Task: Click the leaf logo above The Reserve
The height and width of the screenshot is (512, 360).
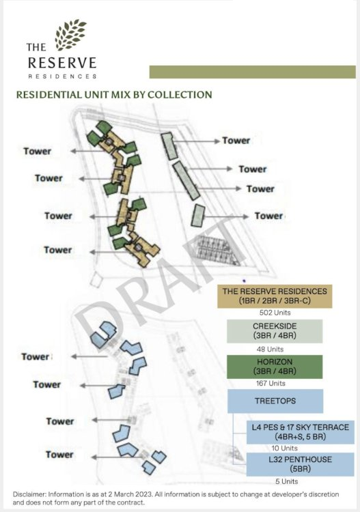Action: [x=70, y=35]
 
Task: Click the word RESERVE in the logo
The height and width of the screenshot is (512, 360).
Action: [x=62, y=63]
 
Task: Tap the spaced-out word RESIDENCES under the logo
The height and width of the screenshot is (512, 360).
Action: [x=62, y=76]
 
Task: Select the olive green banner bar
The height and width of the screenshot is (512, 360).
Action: [x=253, y=72]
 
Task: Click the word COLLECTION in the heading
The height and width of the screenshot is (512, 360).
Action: [x=180, y=95]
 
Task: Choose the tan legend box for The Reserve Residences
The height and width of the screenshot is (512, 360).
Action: [x=275, y=296]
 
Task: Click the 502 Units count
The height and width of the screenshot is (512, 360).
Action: [x=275, y=313]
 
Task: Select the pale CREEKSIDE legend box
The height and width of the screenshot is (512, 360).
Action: [x=275, y=331]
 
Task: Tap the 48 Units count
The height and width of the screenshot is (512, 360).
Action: [x=270, y=349]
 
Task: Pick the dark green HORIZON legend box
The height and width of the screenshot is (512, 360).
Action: [x=275, y=367]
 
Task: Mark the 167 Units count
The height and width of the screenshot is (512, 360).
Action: [x=271, y=384]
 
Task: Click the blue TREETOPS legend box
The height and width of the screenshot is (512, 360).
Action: [x=275, y=401]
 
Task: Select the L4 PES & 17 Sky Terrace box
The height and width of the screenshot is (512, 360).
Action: [x=300, y=432]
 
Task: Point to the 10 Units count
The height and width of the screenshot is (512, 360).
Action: [x=285, y=448]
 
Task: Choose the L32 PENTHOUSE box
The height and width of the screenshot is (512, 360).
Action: [x=300, y=464]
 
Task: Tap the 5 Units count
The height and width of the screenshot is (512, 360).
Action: [x=286, y=481]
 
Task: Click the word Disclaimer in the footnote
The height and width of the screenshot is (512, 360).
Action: [x=29, y=495]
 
